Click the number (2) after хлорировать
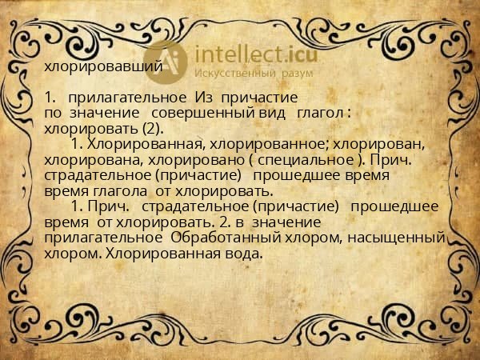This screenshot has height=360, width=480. (150, 128)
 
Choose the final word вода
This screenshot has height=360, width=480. (244, 254)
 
